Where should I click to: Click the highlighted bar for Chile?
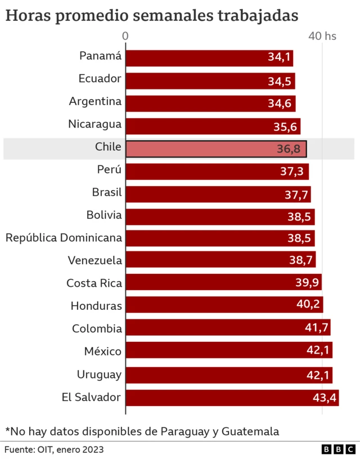215,148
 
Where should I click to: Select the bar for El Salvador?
232,398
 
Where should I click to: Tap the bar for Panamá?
209,58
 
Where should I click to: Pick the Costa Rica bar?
223,282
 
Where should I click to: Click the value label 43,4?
325,398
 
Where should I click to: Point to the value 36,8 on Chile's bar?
292,149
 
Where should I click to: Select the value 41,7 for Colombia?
317,328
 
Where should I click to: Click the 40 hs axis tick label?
322,36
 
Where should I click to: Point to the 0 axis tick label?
125,36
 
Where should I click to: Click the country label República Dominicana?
64,237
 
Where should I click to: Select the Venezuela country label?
94,260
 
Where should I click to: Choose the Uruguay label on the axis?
99,374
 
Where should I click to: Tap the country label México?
102,351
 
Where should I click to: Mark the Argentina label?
95,101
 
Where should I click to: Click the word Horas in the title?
26,15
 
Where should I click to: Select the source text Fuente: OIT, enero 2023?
54,450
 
